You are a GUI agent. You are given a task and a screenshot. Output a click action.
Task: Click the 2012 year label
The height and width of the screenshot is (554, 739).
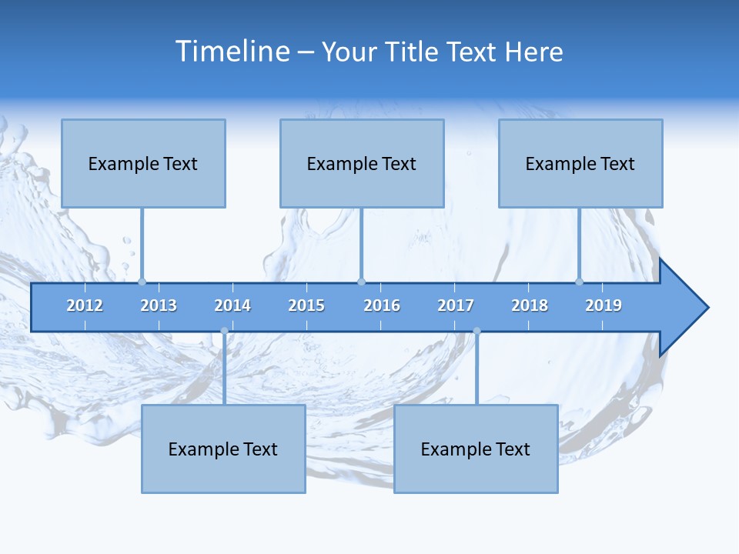click(85, 305)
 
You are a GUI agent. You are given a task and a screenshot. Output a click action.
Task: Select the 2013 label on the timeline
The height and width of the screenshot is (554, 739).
click(159, 305)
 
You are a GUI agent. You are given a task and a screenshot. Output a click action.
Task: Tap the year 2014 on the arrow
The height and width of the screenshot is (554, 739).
click(232, 305)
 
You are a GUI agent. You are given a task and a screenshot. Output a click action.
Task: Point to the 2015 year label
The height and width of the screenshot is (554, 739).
click(306, 305)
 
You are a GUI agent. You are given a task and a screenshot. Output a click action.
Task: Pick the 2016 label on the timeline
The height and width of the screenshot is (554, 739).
click(382, 305)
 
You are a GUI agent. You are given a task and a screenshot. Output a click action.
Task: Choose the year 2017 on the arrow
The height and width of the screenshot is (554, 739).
click(456, 305)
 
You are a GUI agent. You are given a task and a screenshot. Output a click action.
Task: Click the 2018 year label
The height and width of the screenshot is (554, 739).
click(530, 305)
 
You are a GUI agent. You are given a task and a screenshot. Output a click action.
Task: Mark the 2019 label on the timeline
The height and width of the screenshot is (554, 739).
click(604, 305)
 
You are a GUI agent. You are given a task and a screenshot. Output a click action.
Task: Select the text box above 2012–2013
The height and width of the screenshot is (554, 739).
click(143, 163)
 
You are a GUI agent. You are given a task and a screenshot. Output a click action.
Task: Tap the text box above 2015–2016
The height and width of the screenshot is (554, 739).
click(362, 163)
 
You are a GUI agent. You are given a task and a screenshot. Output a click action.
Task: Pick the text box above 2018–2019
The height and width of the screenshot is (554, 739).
click(580, 163)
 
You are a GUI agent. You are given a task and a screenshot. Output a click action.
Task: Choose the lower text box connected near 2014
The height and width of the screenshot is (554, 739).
click(223, 449)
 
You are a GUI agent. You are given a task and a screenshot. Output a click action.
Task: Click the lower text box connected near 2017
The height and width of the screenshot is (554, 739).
click(476, 449)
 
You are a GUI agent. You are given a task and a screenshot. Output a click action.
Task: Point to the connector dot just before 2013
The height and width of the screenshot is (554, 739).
click(142, 282)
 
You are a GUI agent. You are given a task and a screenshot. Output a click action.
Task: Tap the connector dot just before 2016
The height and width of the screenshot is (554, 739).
click(361, 282)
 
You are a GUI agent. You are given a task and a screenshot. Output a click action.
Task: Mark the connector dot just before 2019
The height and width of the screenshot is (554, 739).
click(580, 282)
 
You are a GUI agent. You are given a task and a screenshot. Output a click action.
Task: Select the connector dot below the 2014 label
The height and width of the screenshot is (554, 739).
click(224, 331)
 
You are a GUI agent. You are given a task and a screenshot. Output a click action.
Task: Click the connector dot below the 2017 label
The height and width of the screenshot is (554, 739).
click(477, 331)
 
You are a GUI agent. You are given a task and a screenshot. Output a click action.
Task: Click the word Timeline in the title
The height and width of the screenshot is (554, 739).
click(232, 51)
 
